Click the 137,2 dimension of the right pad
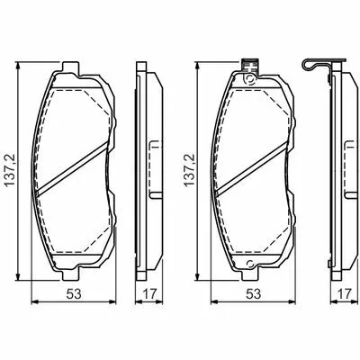point(190,171)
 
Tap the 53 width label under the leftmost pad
point(74,294)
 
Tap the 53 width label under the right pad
point(253,294)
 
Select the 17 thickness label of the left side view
point(149,294)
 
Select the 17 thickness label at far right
point(344,294)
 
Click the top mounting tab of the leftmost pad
point(71,67)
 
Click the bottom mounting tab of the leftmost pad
point(71,274)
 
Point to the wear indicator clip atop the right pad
point(250,67)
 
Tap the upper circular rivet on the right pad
point(249,80)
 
